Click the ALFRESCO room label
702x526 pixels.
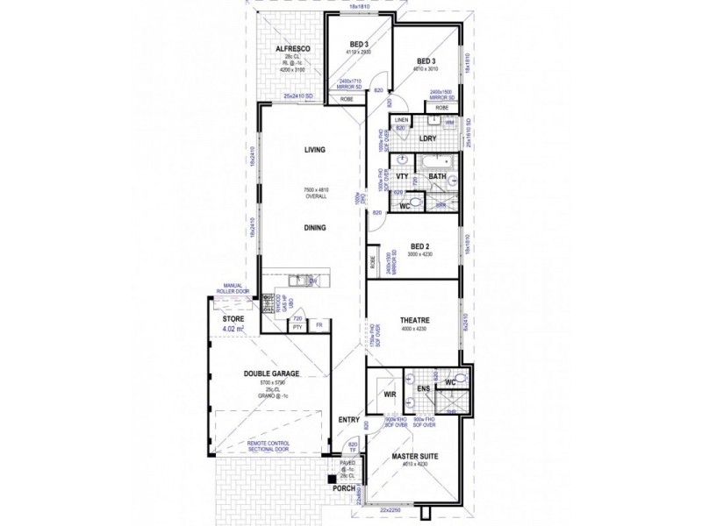pyautogui.click(x=289, y=48)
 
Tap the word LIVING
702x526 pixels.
pyautogui.click(x=314, y=150)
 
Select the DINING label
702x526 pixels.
pyautogui.click(x=314, y=228)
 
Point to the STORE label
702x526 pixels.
pyautogui.click(x=234, y=320)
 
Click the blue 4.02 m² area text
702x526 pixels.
pyautogui.click(x=234, y=330)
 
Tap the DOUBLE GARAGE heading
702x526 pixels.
pyautogui.click(x=271, y=374)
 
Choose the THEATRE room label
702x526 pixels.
pyautogui.click(x=412, y=320)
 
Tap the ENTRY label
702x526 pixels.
pyautogui.click(x=349, y=421)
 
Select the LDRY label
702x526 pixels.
pyautogui.click(x=428, y=139)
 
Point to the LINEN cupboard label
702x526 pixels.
pyautogui.click(x=400, y=119)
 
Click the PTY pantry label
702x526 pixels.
pyautogui.click(x=297, y=326)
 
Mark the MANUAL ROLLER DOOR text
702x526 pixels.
pyautogui.click(x=233, y=288)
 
